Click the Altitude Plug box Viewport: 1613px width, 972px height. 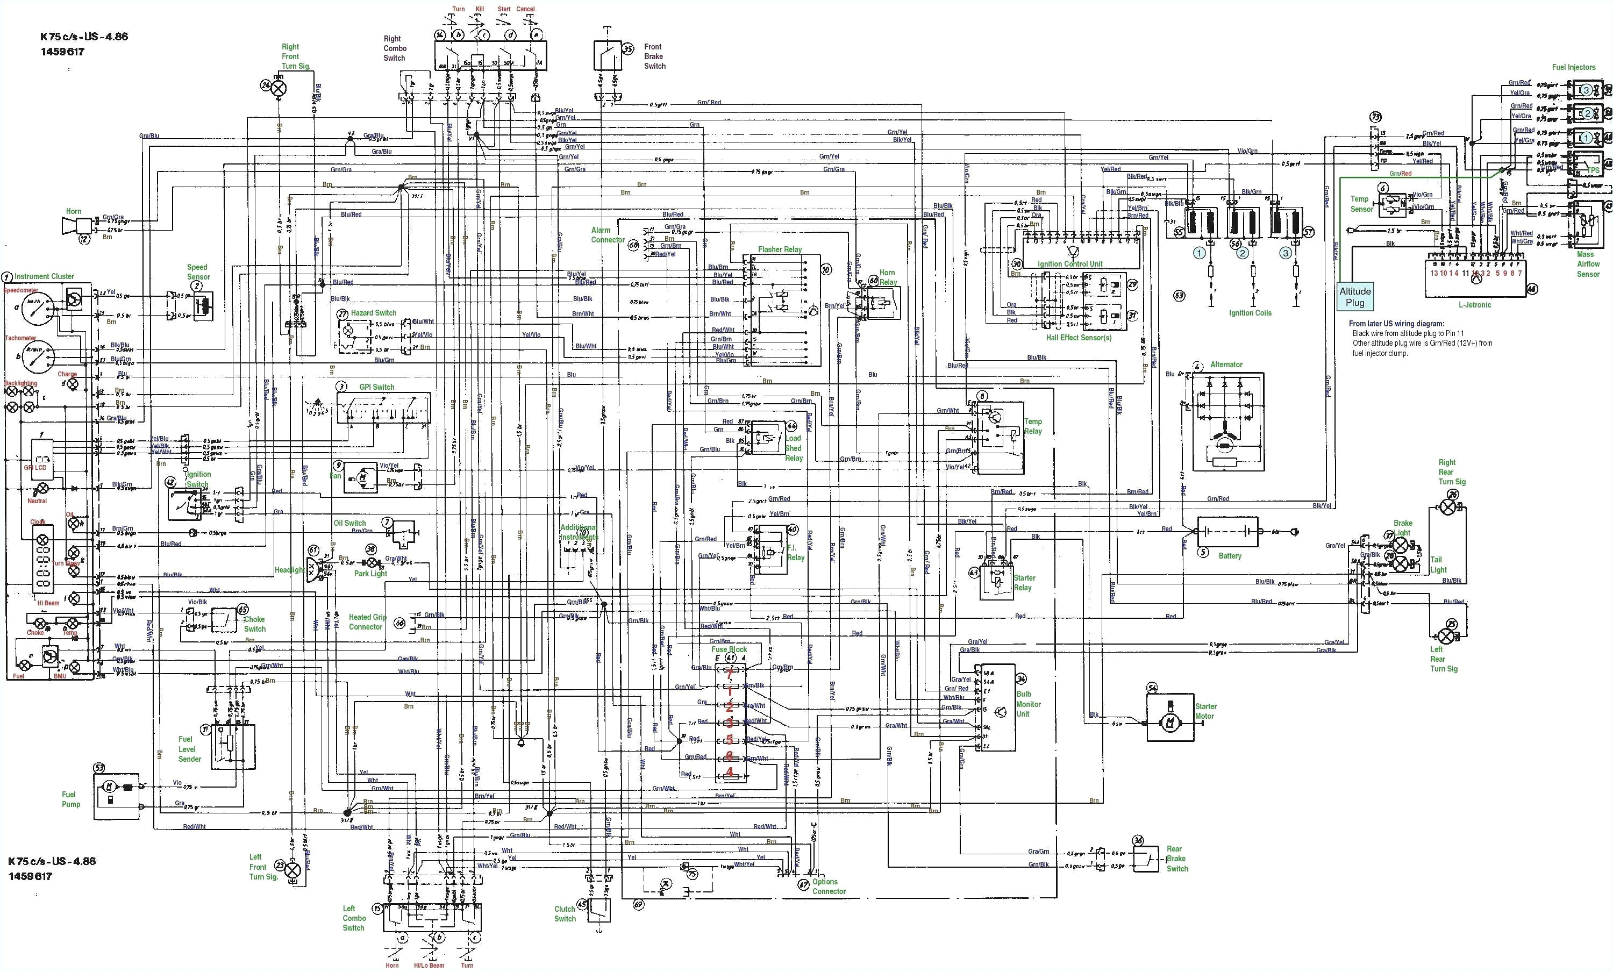coord(1354,297)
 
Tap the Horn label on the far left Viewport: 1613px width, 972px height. coord(73,211)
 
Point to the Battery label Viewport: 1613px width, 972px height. coord(1230,556)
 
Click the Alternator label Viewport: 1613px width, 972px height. coord(1226,364)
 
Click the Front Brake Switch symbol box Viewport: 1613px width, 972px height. coord(608,55)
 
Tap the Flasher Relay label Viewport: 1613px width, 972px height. coord(779,249)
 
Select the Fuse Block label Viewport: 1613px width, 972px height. coord(729,649)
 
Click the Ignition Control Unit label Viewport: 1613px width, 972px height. coord(1069,264)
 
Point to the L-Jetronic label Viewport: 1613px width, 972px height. coord(1475,304)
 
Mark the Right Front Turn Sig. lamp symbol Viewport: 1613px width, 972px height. coord(279,87)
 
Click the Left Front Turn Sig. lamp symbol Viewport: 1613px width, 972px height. coord(292,869)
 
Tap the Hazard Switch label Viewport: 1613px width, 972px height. coord(373,313)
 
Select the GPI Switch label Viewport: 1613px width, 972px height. coord(376,387)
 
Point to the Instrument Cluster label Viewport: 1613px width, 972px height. coord(45,276)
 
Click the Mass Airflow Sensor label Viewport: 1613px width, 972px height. coord(1588,264)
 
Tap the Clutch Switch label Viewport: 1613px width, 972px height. coord(565,914)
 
